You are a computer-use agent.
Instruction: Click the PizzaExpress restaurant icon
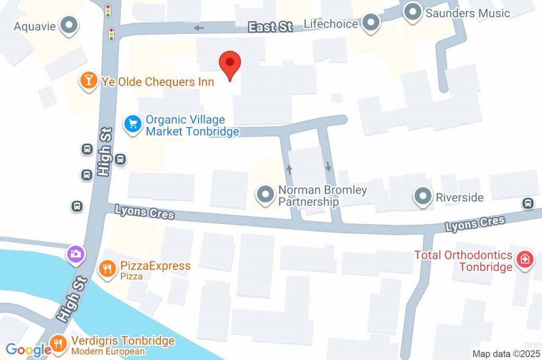point(107,268)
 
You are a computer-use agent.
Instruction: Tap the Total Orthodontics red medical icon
point(525,260)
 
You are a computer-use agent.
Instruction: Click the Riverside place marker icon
point(422,197)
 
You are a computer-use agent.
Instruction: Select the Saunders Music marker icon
point(413,12)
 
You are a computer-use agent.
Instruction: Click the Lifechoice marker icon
point(372,23)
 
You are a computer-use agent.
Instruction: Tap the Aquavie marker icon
point(69,25)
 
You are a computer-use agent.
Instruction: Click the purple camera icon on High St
point(75,254)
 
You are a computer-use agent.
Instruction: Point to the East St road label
point(270,26)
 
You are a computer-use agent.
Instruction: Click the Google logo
point(28,350)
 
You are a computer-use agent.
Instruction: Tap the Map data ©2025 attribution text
point(507,354)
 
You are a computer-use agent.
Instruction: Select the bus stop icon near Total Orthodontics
point(527,203)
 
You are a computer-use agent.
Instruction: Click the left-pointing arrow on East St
point(199,28)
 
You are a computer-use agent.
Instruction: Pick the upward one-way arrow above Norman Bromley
point(289,169)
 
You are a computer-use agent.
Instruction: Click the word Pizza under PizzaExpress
point(131,276)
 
